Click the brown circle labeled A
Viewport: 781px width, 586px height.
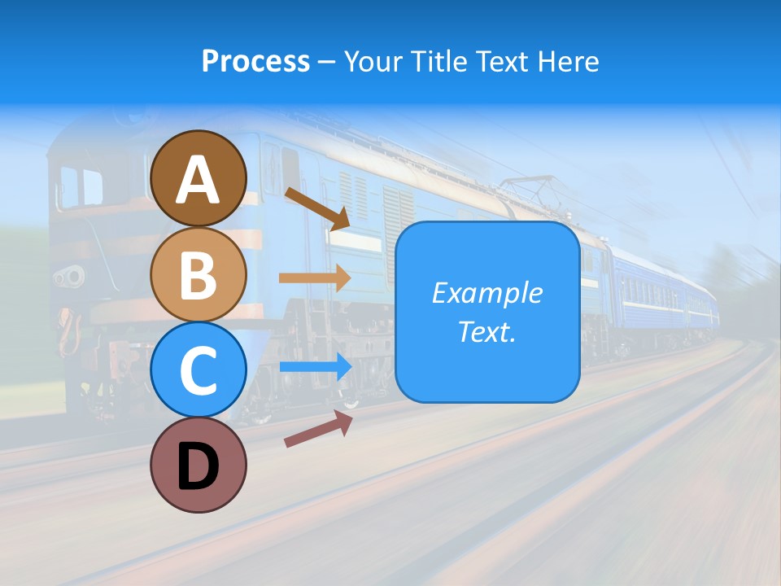click(x=198, y=178)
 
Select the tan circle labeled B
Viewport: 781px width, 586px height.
click(x=198, y=274)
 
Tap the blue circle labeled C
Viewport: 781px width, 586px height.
click(x=198, y=370)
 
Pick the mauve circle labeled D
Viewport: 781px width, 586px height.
click(x=198, y=465)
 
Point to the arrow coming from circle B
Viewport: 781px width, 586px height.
click(x=315, y=278)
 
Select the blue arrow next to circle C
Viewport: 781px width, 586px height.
click(x=315, y=366)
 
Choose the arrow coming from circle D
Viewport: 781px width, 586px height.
click(x=318, y=429)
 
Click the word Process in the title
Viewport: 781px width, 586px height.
click(x=255, y=61)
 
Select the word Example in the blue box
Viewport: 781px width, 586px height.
click(x=486, y=293)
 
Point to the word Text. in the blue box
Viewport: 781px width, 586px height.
click(x=486, y=331)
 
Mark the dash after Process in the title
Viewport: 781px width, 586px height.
click(x=327, y=62)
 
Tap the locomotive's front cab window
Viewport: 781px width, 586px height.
click(x=82, y=186)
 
